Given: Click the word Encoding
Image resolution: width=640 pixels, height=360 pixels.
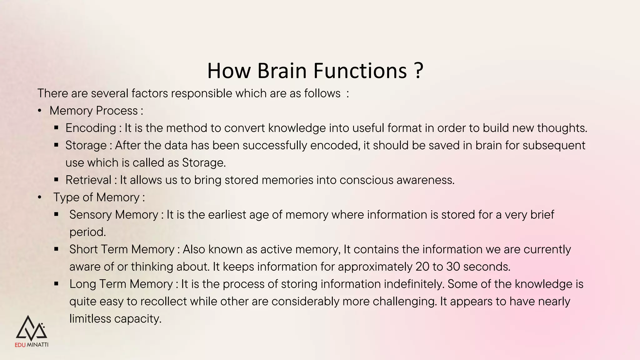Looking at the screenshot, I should tap(91, 128).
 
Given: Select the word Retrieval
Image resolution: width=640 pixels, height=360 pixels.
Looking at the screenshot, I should tap(88, 180).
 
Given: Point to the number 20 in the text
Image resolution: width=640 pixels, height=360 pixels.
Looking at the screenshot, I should tap(422, 267).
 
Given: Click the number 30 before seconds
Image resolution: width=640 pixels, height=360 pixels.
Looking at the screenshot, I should tap(453, 267).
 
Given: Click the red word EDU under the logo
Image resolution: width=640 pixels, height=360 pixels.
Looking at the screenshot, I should tap(20, 345).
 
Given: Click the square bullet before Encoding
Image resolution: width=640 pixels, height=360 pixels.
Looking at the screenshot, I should tap(56, 128).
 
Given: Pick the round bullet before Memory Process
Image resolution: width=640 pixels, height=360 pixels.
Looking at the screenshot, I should tap(39, 111).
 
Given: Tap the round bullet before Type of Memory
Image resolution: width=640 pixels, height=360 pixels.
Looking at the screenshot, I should tap(39, 197).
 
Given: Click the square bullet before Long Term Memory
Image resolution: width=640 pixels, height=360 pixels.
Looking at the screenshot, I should tap(56, 284).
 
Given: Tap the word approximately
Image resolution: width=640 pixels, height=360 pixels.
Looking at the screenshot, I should tap(375, 267).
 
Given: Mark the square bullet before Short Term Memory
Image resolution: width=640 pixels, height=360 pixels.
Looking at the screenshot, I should tap(56, 249).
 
